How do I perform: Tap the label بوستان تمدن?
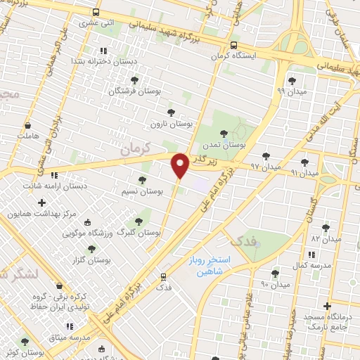click(223, 144)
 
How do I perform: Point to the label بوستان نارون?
click(171, 123)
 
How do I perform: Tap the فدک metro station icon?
click(164, 277)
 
